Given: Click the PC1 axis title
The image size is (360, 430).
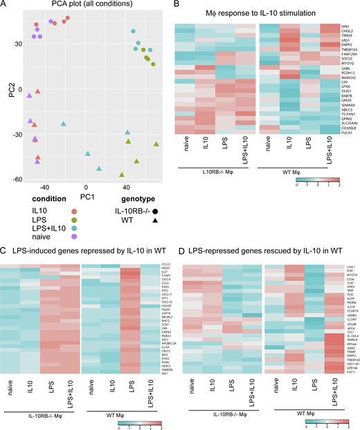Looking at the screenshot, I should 87,197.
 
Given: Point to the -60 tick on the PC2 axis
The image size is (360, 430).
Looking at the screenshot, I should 15,179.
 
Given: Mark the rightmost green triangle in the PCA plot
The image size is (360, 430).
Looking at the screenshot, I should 156,144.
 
